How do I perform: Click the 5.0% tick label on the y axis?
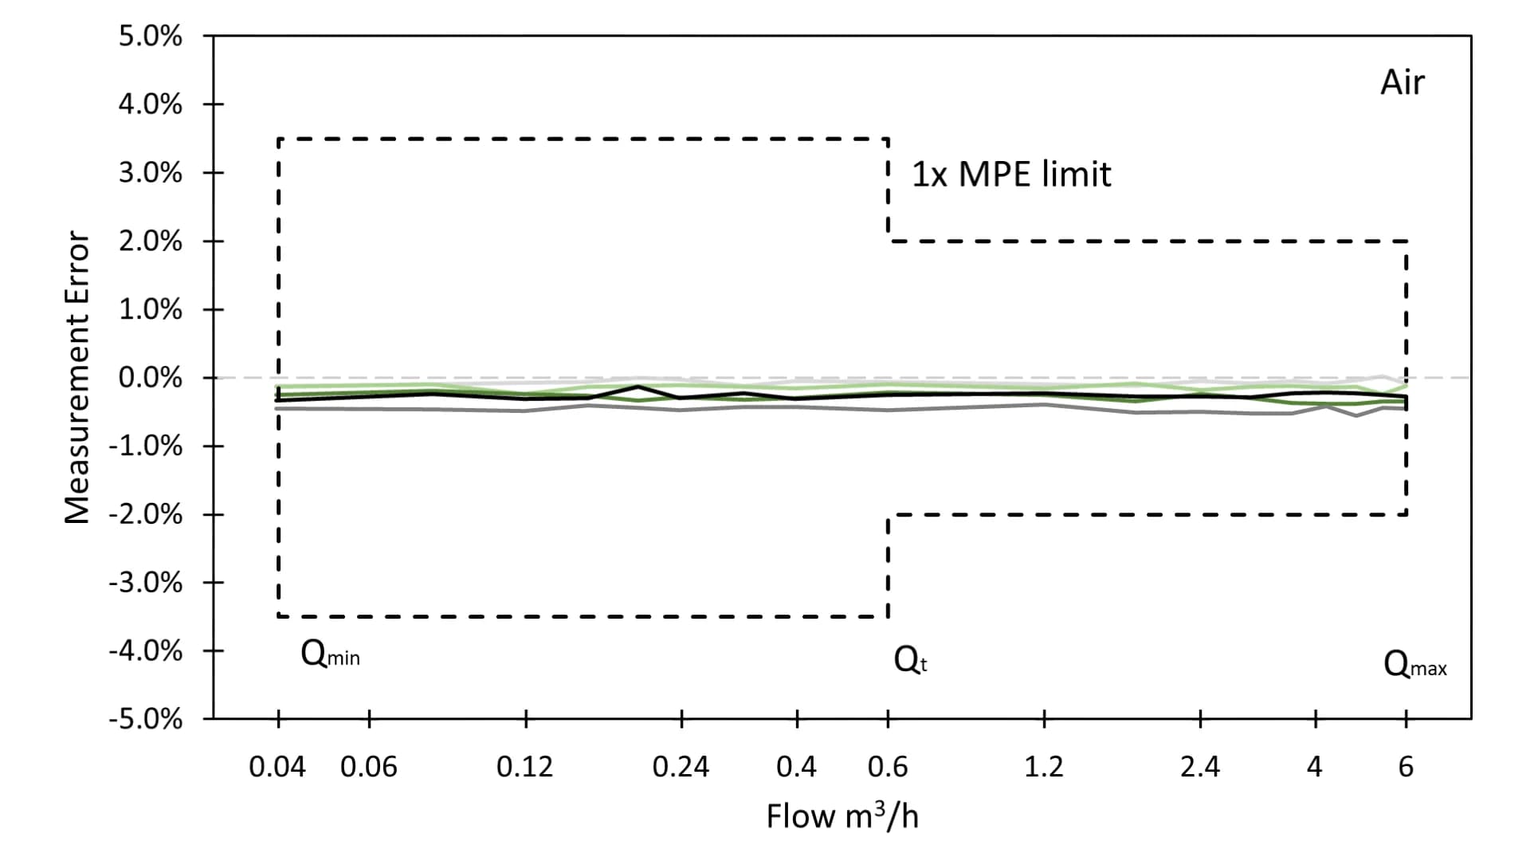click(150, 37)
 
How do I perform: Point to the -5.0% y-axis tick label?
click(145, 720)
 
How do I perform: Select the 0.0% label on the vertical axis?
click(150, 378)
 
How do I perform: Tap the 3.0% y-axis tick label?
click(150, 173)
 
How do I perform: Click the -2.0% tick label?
click(145, 515)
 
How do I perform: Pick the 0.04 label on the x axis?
click(277, 767)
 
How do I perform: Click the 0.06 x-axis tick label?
click(368, 767)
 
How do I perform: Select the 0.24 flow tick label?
click(681, 767)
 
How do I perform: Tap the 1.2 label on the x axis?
click(1043, 767)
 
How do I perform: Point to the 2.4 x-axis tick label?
click(1199, 767)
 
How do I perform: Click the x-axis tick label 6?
click(1406, 767)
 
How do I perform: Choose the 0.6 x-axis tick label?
click(888, 767)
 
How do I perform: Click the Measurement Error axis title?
click(76, 378)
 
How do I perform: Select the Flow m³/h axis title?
click(842, 816)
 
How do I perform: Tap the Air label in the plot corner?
click(1402, 83)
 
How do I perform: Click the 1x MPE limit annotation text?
click(1011, 175)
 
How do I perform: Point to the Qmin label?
click(330, 655)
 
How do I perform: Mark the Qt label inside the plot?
click(910, 660)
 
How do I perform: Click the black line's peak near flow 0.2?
click(638, 387)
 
